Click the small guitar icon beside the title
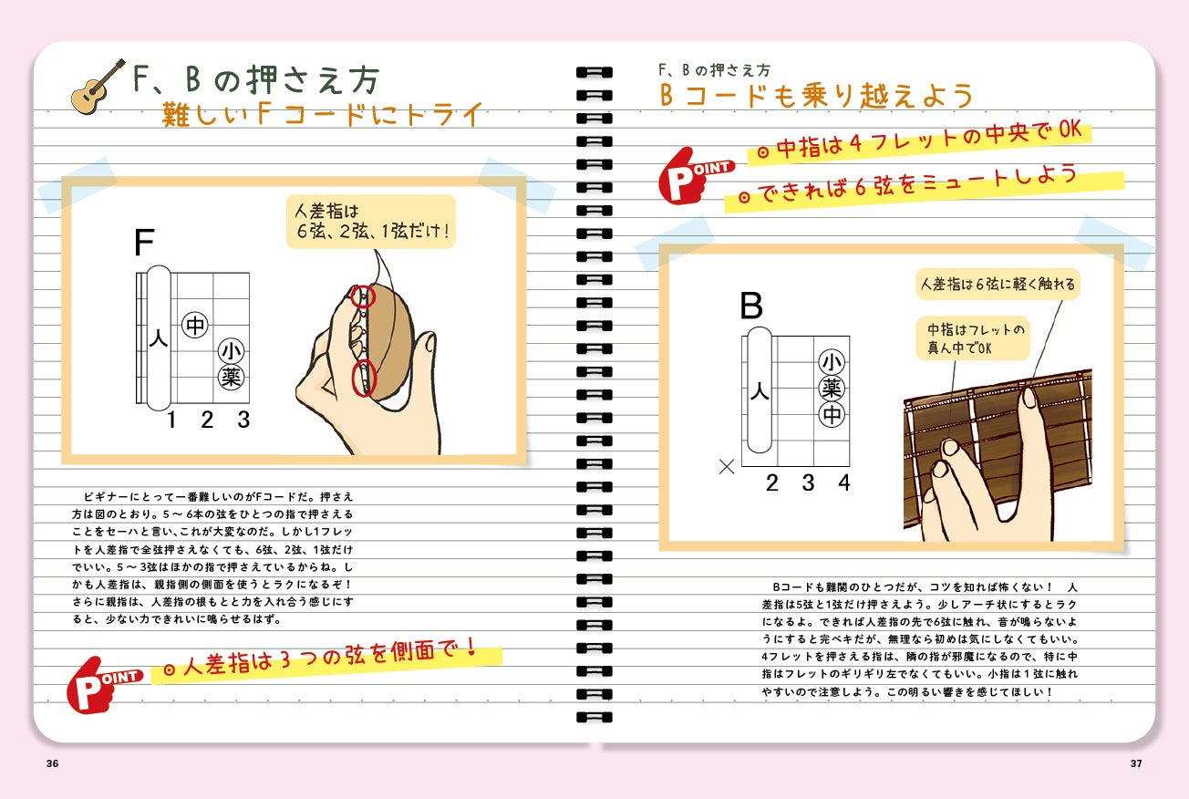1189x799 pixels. (98, 87)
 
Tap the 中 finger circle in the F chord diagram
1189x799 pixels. (195, 325)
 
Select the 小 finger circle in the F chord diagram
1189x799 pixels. (231, 350)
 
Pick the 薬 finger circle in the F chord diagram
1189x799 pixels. (231, 378)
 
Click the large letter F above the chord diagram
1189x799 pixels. (144, 242)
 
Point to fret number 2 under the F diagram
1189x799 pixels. (207, 420)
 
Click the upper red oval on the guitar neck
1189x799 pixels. (363, 296)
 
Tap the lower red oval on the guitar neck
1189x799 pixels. (364, 378)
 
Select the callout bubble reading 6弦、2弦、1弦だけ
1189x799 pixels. (371, 222)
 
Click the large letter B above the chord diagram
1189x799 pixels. (751, 306)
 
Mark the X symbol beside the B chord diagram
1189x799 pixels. (727, 467)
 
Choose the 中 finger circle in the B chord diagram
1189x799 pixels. (832, 415)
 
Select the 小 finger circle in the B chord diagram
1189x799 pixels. (832, 362)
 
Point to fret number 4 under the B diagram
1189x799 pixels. (844, 483)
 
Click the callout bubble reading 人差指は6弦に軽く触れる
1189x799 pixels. (998, 284)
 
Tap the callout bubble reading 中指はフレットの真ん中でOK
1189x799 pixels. (973, 338)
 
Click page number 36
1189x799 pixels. (53, 763)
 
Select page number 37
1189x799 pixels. (1136, 763)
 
